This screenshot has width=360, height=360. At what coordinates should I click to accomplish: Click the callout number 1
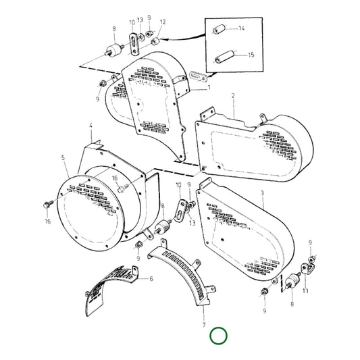[209, 87]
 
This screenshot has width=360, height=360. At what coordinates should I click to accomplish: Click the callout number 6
[151, 279]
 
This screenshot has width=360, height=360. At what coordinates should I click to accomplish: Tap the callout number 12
[162, 22]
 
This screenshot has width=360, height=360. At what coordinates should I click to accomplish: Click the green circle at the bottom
[219, 336]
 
